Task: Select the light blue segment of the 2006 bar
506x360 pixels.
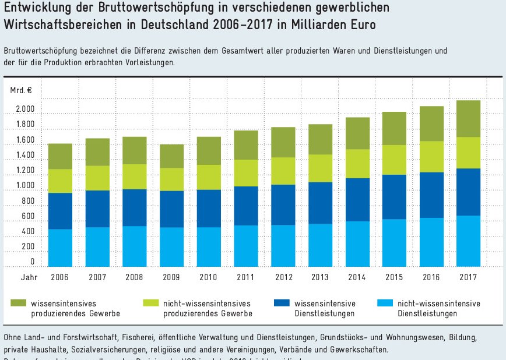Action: [x=60, y=248]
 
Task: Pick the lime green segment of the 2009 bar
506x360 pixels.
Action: [x=171, y=179]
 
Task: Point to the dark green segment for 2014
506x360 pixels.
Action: [x=357, y=133]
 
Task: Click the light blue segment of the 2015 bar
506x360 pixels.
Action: [x=394, y=243]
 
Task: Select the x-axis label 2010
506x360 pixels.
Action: [x=208, y=277]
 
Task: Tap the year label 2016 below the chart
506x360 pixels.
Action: [x=431, y=277]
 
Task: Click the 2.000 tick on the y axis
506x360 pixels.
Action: [x=25, y=110]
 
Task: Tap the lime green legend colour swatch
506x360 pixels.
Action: [x=150, y=303]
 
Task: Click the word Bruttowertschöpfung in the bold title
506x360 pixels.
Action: [x=132, y=10]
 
